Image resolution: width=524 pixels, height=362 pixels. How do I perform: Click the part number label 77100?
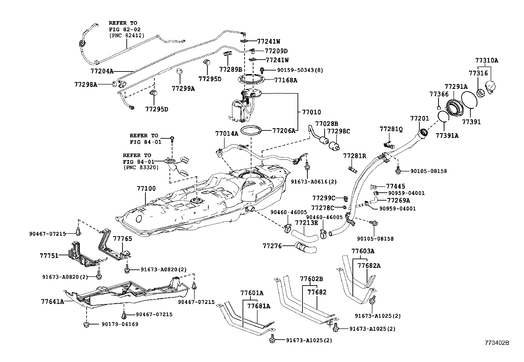[x=146, y=189]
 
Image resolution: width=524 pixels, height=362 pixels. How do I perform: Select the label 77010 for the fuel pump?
[x=311, y=112]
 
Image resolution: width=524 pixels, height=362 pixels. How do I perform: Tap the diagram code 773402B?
[x=496, y=343]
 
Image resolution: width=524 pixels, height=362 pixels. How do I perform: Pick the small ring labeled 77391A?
[x=443, y=117]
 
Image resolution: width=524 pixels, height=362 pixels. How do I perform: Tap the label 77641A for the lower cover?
[x=52, y=301]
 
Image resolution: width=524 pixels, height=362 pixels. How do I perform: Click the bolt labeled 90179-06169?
[x=86, y=325]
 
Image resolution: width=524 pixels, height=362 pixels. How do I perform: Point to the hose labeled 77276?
[x=306, y=247]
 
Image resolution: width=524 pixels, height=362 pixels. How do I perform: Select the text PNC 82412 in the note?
[x=127, y=36]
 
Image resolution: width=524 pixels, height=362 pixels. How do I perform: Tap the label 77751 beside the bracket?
[x=49, y=256]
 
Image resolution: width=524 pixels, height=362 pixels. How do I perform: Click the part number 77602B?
[x=311, y=279]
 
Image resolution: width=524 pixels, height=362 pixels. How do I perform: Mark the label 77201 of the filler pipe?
[x=419, y=118]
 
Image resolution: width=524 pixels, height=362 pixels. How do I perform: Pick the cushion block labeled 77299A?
[x=180, y=71]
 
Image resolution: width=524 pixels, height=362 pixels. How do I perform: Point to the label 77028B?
[x=327, y=124]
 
